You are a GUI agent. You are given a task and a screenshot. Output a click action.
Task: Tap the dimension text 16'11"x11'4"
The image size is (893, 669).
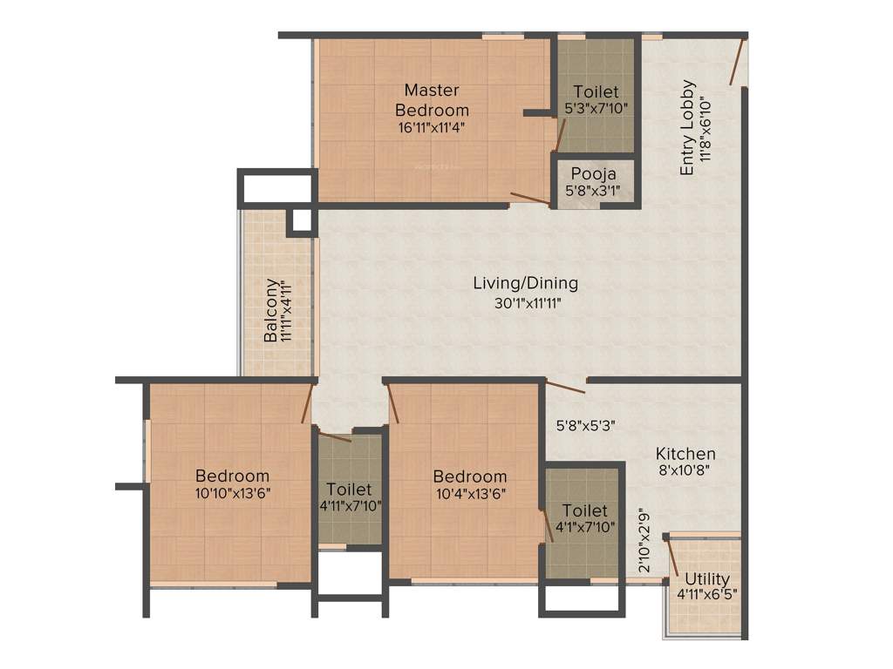(x=432, y=126)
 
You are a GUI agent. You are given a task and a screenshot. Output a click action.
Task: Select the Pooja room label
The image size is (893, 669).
(x=595, y=174)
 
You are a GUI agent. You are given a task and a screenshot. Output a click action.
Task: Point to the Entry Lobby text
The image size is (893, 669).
(x=688, y=128)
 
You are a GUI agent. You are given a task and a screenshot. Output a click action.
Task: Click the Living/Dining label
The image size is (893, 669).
(x=525, y=283)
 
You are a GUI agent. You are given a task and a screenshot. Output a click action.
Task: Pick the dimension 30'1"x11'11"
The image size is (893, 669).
(x=525, y=303)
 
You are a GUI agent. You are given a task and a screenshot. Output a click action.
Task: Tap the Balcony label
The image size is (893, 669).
(x=272, y=309)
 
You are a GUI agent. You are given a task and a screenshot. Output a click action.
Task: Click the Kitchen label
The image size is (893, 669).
(x=685, y=454)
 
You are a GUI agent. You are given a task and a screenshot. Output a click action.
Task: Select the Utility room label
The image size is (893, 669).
(x=707, y=579)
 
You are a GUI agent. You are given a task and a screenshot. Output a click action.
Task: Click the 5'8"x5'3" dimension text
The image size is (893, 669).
(x=587, y=427)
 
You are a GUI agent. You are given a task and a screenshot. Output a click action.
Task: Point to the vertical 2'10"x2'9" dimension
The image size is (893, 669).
(x=644, y=540)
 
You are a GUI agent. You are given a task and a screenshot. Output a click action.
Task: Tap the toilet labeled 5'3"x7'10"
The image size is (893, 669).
(x=596, y=91)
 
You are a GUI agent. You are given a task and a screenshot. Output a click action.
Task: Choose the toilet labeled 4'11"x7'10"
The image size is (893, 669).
(x=349, y=490)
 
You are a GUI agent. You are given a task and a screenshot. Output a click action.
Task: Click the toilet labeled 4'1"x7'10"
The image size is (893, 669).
(x=583, y=510)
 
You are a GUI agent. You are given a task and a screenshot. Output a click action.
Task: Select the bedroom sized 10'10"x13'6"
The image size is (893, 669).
(x=232, y=476)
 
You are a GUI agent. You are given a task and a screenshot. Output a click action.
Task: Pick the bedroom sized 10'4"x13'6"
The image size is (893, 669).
(x=470, y=476)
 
